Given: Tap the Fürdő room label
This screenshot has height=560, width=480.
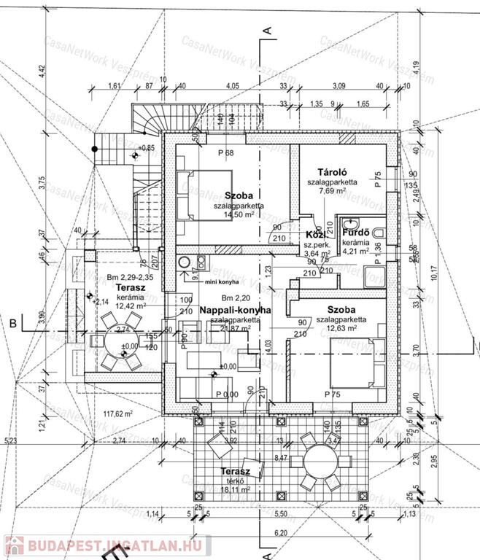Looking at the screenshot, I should (358, 233).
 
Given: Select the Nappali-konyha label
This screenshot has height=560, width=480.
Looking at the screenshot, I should (235, 310).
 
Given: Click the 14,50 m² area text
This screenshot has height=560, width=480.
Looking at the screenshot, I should (233, 216).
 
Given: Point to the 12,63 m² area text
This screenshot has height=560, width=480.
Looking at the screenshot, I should (336, 328).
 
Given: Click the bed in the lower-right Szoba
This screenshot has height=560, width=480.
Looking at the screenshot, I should (357, 362).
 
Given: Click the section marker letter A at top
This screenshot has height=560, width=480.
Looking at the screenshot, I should (268, 30).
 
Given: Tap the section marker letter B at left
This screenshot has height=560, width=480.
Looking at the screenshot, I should (12, 321).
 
